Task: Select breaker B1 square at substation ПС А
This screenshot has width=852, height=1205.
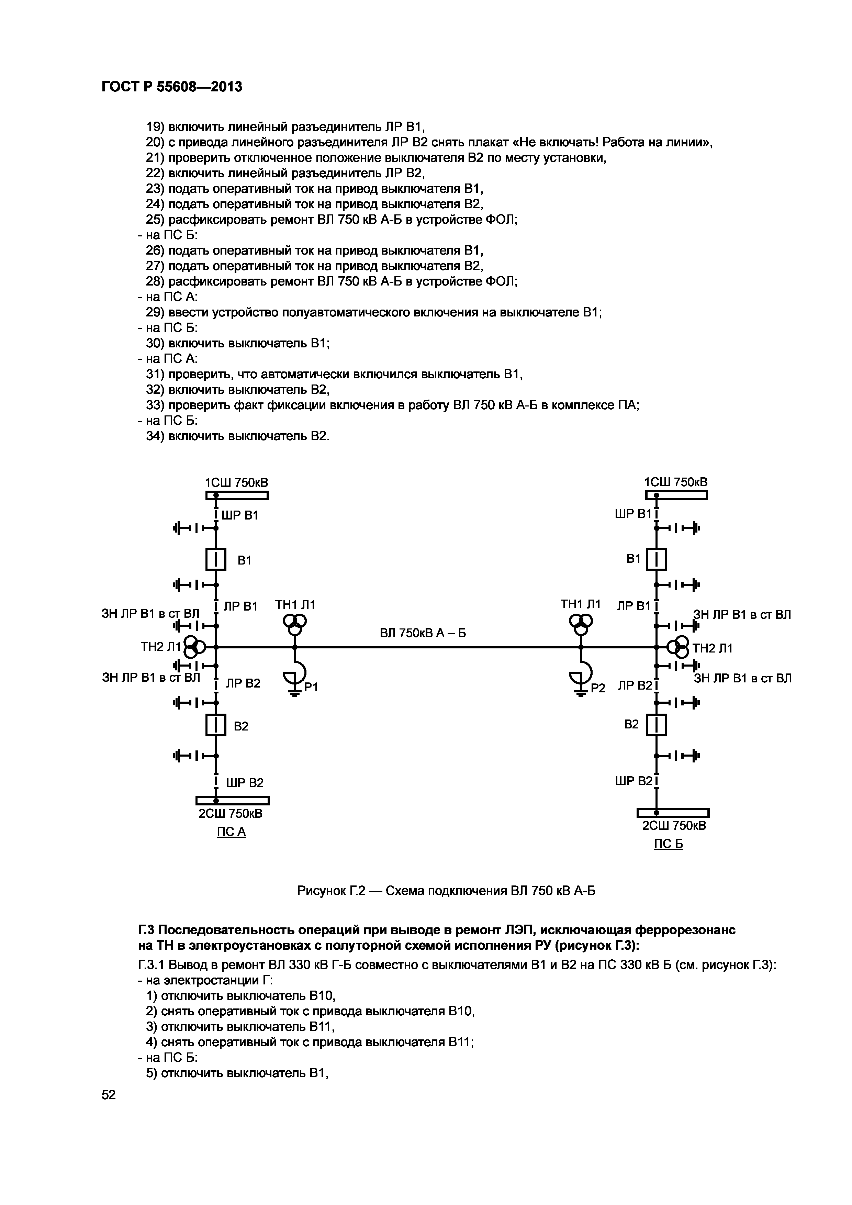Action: point(216,559)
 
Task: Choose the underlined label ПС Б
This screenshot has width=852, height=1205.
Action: point(669,845)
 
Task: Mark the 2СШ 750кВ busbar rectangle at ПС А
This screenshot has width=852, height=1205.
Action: point(233,800)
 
